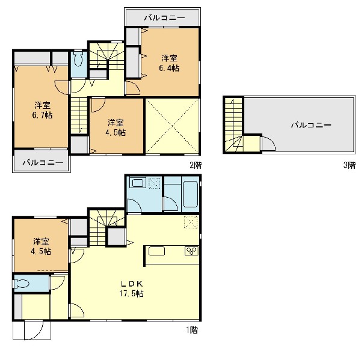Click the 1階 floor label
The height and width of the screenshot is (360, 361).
click(192, 330)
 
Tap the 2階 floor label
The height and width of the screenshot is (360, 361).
click(196, 165)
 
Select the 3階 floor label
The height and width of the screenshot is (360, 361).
click(350, 165)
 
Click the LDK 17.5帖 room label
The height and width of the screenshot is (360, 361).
click(131, 288)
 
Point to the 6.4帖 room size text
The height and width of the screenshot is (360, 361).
click(169, 69)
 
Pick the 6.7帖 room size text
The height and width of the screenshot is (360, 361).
click(42, 115)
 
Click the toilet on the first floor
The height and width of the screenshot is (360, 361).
click(21, 283)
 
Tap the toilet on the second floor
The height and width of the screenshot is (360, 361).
click(79, 59)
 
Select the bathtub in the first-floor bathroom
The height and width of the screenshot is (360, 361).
click(190, 194)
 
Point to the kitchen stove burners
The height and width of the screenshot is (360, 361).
click(191, 251)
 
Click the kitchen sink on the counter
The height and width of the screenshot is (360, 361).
click(156, 251)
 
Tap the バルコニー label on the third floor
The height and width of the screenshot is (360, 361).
click(311, 125)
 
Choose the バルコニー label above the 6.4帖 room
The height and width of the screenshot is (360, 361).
click(164, 17)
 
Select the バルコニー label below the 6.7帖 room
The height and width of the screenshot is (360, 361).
click(43, 163)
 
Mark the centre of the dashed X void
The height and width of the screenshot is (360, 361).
click(173, 126)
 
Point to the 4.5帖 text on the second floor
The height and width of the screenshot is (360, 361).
click(116, 132)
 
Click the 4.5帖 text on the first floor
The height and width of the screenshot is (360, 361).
click(41, 251)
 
